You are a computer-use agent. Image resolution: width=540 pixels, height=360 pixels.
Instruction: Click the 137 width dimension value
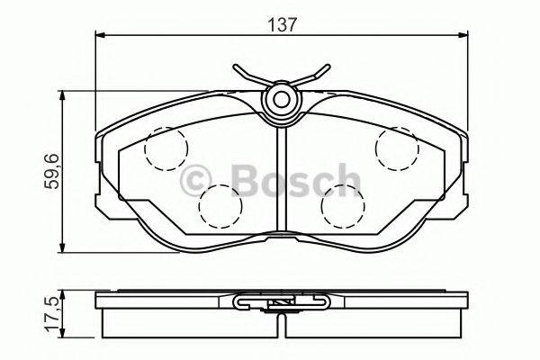[x=282, y=24]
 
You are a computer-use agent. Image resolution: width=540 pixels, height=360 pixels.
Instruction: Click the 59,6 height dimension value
[x=51, y=172]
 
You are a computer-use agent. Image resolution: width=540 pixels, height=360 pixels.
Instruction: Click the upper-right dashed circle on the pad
[x=398, y=148]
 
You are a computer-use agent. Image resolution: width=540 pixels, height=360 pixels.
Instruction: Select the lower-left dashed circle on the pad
[x=219, y=204]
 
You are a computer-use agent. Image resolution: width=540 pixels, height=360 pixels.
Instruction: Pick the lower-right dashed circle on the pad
[x=342, y=204]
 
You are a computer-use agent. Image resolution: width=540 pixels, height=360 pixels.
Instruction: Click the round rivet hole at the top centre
[x=282, y=98]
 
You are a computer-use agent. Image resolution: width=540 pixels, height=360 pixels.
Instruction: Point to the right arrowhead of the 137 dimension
[x=463, y=37]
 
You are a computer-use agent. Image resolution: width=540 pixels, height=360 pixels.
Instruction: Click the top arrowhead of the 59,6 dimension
[x=62, y=94]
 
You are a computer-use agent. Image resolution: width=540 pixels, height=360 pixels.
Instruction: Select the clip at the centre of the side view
[x=282, y=303]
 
